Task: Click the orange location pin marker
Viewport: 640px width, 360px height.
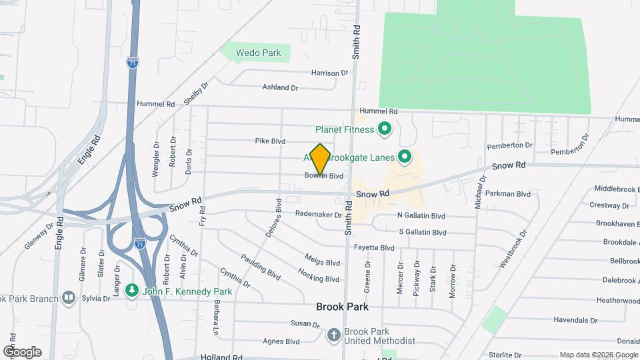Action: point(321,159)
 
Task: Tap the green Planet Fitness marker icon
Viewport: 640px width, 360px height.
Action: point(384,129)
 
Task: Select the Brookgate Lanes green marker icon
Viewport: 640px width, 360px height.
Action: point(404,157)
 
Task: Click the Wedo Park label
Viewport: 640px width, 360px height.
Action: point(259,53)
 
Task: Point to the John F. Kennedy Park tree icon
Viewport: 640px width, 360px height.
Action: point(132,291)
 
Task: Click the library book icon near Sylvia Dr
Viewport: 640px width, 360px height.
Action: point(69,297)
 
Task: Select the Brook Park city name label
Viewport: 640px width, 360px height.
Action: point(342,307)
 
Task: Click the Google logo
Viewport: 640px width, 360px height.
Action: point(22,351)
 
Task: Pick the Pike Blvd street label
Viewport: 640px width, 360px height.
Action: point(270,141)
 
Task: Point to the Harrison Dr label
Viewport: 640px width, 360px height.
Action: point(329,73)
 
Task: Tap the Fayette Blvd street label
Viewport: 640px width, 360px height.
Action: point(374,248)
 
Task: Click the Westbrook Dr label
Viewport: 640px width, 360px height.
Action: point(513,249)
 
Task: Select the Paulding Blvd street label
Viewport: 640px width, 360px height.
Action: point(261,267)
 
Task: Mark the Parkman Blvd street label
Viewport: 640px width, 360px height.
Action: point(508,194)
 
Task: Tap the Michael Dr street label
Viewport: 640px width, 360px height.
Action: point(478,193)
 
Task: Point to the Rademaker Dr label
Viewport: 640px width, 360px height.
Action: point(319,215)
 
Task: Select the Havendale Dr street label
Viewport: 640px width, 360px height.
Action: point(575,320)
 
